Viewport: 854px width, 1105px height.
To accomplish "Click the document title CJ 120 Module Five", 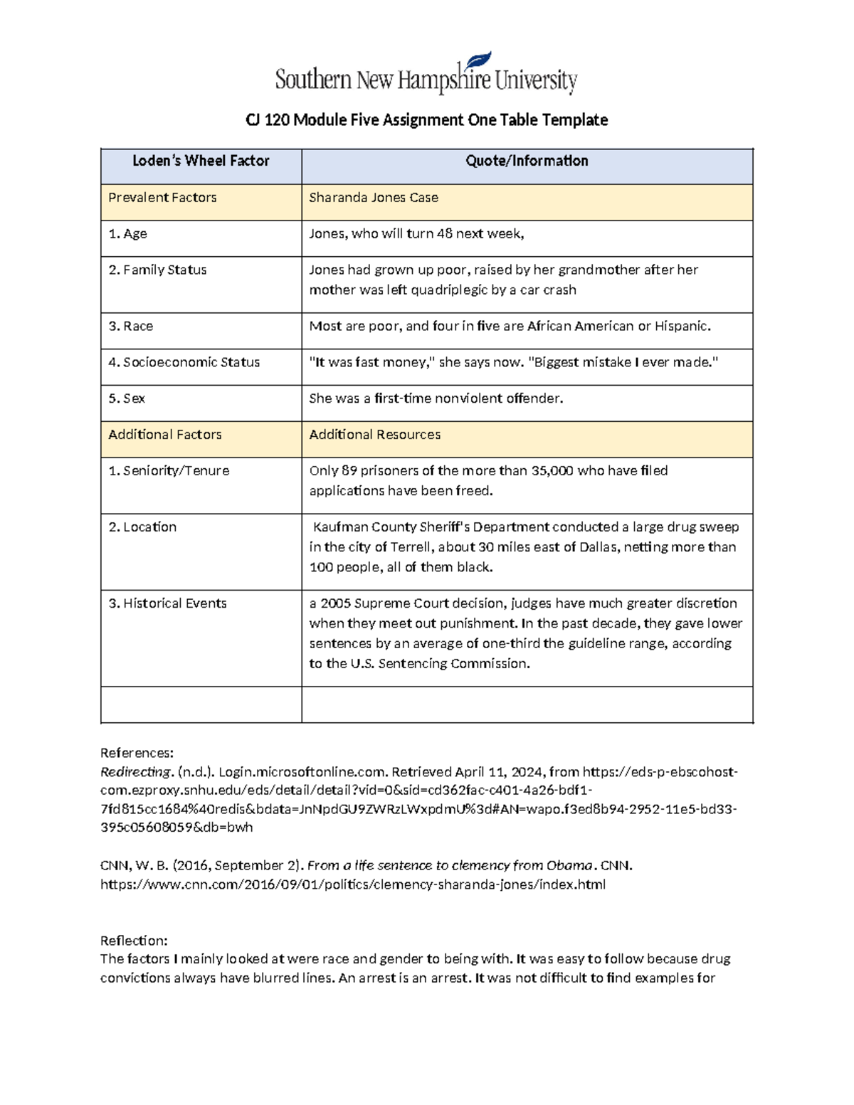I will click(x=426, y=120).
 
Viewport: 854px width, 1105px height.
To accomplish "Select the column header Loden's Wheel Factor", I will click(x=201, y=162).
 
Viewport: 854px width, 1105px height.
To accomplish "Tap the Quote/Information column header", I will click(x=527, y=162).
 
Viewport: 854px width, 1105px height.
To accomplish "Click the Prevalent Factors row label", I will click(x=162, y=198).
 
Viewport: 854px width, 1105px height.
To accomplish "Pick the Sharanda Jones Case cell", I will click(x=374, y=198).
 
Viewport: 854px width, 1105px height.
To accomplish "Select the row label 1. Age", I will click(x=128, y=234).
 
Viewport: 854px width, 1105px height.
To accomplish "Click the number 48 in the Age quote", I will click(x=445, y=234).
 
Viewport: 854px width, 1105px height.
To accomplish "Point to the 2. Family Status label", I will click(x=157, y=270).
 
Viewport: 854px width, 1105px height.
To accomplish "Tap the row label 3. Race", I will click(x=131, y=327).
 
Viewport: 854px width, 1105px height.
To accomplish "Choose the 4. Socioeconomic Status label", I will click(x=184, y=363).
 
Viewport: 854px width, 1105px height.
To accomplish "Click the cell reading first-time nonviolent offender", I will click(x=436, y=399).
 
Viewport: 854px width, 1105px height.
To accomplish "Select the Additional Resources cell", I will click(x=374, y=435).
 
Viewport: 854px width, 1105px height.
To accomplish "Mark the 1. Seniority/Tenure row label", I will click(x=169, y=471).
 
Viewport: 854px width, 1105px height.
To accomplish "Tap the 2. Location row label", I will click(x=142, y=527).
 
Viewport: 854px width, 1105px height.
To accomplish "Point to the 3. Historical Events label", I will click(x=167, y=603).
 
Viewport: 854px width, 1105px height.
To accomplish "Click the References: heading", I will click(x=137, y=753).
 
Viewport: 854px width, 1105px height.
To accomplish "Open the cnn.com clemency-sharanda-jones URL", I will click(x=353, y=885).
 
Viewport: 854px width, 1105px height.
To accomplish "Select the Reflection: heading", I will click(x=134, y=941).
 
